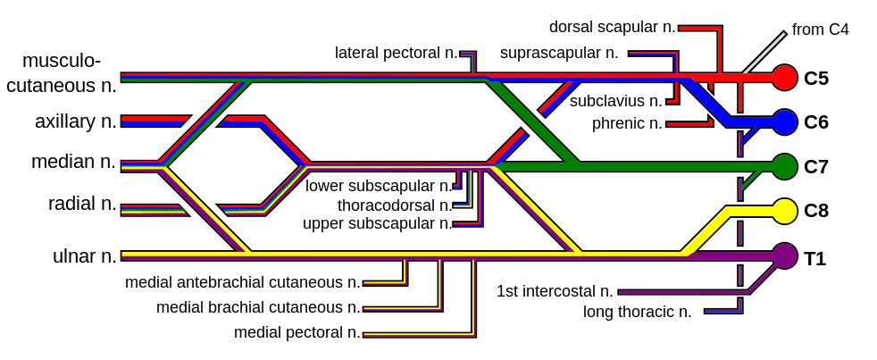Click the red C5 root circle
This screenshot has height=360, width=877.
[785, 77]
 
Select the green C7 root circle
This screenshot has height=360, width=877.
[785, 166]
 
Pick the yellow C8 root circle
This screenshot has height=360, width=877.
[785, 211]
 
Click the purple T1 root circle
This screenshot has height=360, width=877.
[785, 255]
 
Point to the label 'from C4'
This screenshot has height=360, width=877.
[821, 29]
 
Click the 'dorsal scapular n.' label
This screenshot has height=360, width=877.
[613, 27]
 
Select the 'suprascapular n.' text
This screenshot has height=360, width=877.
[559, 54]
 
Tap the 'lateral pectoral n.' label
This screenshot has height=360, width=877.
[396, 54]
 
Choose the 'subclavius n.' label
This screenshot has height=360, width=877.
[616, 102]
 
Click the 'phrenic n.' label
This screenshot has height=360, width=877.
[627, 123]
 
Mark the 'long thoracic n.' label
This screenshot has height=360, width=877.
[637, 312]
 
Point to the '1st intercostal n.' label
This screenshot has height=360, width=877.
[555, 292]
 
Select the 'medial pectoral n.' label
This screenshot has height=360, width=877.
[297, 332]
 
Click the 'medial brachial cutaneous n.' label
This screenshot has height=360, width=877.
[258, 307]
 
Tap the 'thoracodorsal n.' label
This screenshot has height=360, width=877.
[395, 205]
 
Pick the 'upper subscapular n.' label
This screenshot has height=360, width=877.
[377, 224]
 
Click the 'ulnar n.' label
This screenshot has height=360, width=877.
[85, 256]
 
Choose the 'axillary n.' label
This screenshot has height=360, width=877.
[76, 121]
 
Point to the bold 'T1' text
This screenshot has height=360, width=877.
[814, 259]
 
